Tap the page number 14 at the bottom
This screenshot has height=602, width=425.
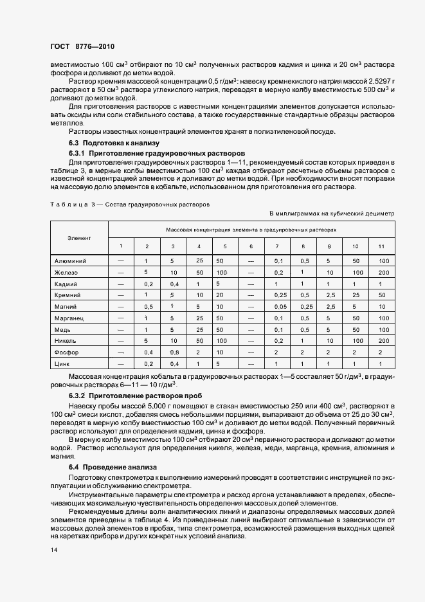pyautogui.click(x=53, y=550)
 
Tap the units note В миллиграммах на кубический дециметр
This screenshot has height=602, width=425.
pyautogui.click(x=332, y=212)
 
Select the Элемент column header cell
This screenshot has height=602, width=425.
pyautogui.click(x=79, y=238)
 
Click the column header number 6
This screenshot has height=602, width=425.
pyautogui.click(x=251, y=247)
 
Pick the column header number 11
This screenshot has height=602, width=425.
pyautogui.click(x=381, y=247)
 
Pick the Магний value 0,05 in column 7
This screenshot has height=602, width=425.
pyautogui.click(x=279, y=307)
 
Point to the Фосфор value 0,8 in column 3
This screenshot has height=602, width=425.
pyautogui.click(x=172, y=352)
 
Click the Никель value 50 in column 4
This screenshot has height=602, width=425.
pyautogui.click(x=199, y=341)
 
